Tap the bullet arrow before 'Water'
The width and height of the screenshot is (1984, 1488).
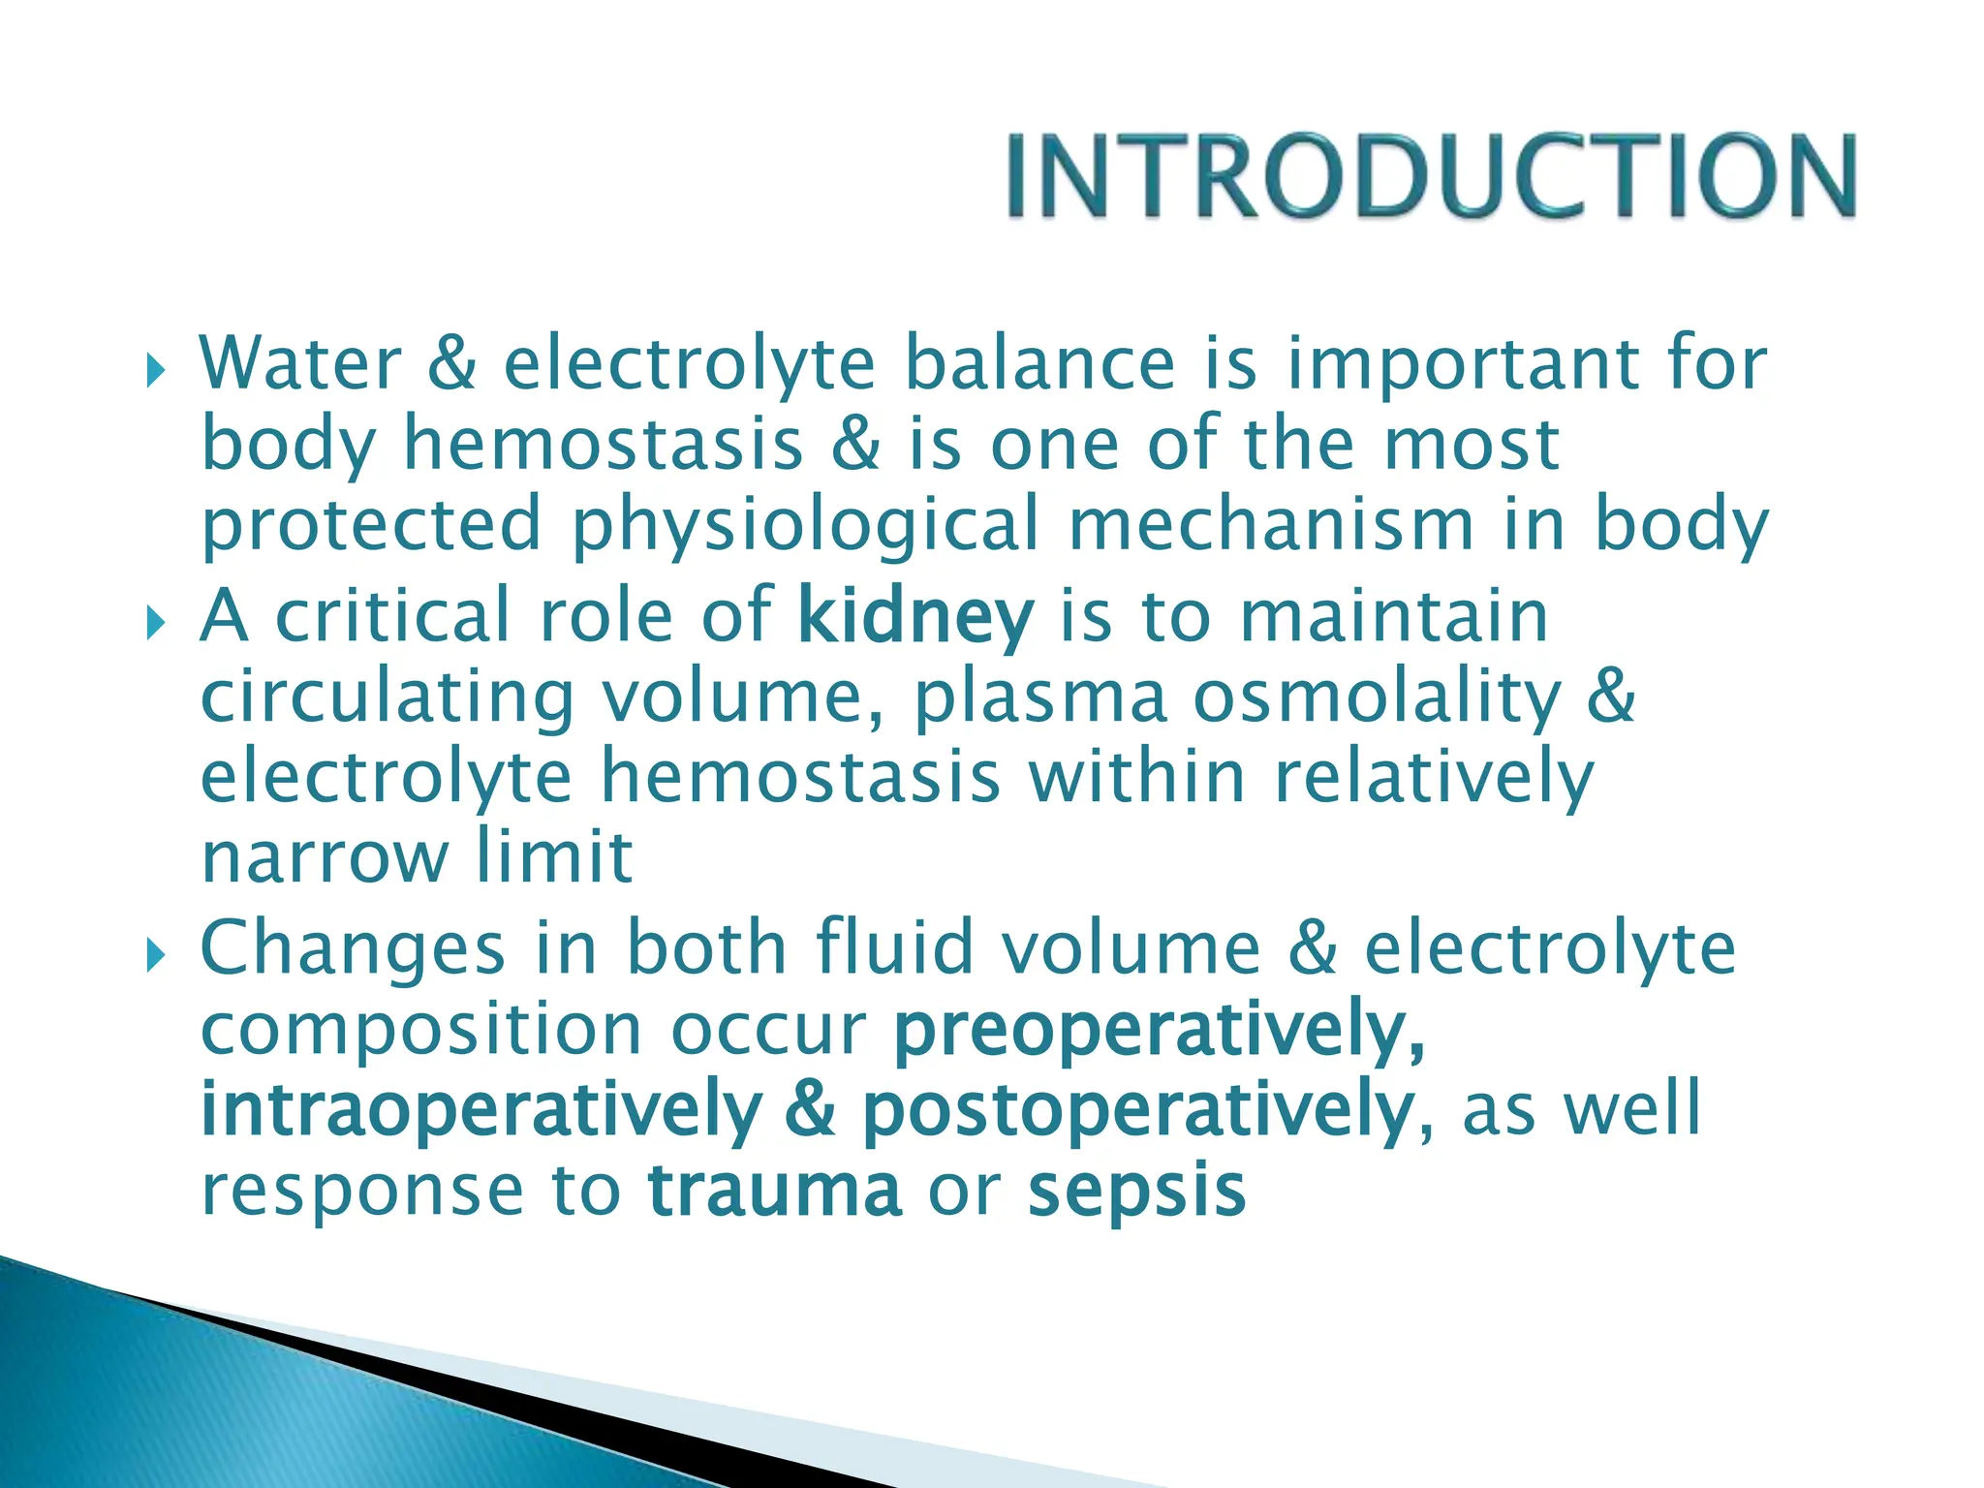pyautogui.click(x=155, y=370)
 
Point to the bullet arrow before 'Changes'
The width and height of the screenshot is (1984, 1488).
pyautogui.click(x=155, y=956)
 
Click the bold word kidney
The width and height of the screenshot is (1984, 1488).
pyautogui.click(x=915, y=617)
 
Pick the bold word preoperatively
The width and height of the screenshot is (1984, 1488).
pyautogui.click(x=1159, y=1031)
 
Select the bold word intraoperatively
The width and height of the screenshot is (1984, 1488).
pyautogui.click(x=480, y=1111)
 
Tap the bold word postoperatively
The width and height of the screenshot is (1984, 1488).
pyautogui.click(x=1137, y=1111)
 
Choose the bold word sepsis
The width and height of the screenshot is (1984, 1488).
pyautogui.click(x=1136, y=1192)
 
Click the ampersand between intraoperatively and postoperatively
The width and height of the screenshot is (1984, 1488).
pyautogui.click(x=810, y=1111)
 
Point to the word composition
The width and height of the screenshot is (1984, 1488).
pyautogui.click(x=421, y=1031)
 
